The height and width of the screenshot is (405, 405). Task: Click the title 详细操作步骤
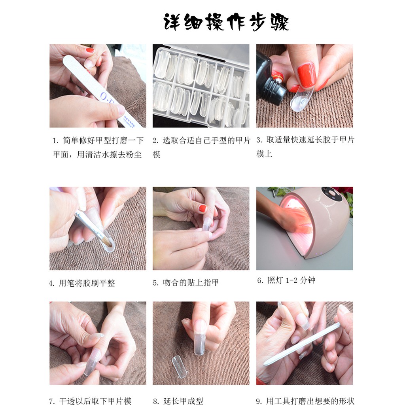click(x=226, y=22)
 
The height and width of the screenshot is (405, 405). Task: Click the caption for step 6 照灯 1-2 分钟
click(x=286, y=280)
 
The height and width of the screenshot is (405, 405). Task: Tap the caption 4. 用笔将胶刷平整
click(x=82, y=283)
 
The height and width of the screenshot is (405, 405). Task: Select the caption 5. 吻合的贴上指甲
click(x=186, y=282)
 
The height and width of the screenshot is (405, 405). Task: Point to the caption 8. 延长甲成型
click(x=178, y=401)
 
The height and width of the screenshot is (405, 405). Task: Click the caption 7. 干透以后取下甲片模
click(x=90, y=401)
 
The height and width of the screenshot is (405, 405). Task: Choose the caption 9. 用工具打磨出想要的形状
click(x=305, y=401)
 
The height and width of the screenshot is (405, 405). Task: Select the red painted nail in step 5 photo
click(x=203, y=208)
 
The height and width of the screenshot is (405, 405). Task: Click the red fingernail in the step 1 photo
click(x=90, y=50)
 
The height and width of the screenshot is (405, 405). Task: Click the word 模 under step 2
click(x=157, y=155)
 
